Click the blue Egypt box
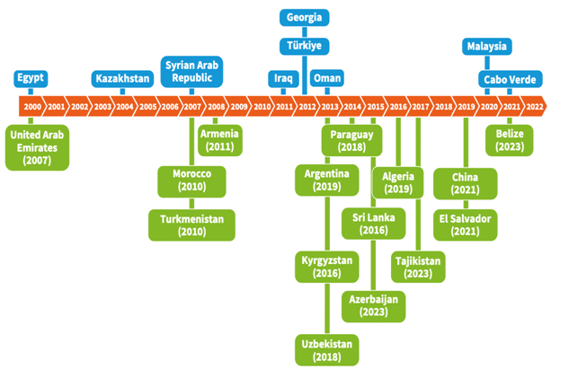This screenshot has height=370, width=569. pos(31,77)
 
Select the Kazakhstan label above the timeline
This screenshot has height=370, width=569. pos(123,78)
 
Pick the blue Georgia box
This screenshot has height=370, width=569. pos(305,17)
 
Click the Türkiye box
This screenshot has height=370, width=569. pos(305,46)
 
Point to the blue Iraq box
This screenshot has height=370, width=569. pos(283,78)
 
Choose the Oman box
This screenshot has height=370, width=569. pos(326,78)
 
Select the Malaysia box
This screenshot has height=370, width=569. pos(486,46)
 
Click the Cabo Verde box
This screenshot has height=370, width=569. pos(509,78)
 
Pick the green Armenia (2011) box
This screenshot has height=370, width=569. pos(220,139)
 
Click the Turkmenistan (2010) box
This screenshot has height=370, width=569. pos(191,225)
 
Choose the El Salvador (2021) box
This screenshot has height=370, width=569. pos(466,225)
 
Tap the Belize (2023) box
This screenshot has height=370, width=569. pos(510,139)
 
